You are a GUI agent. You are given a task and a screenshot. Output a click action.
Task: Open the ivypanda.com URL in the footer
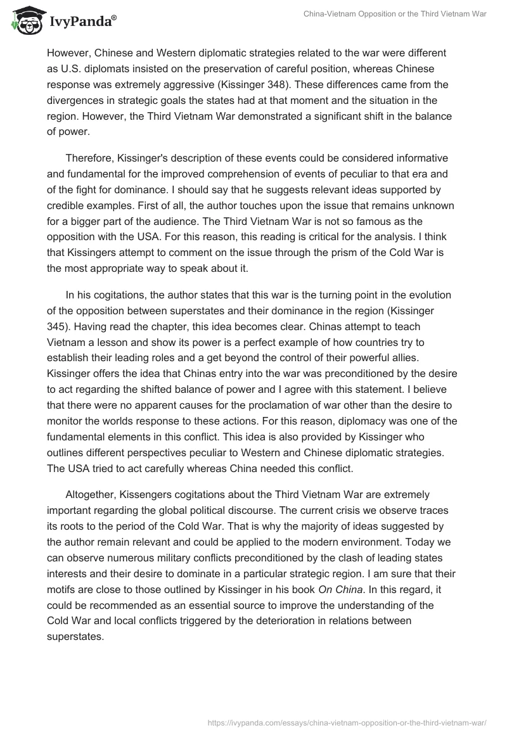(x=348, y=721)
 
